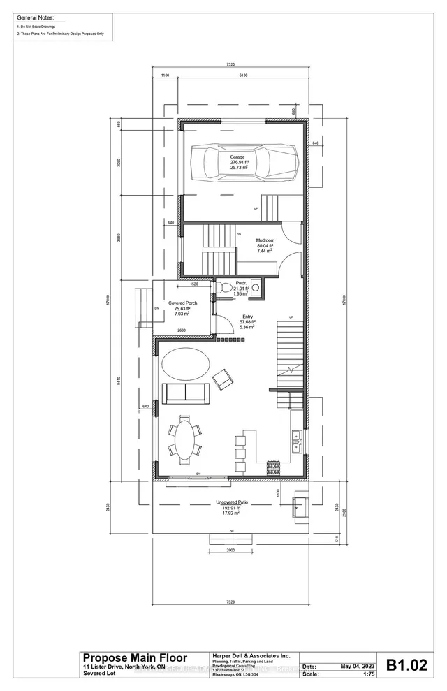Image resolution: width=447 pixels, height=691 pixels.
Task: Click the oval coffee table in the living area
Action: point(184,365)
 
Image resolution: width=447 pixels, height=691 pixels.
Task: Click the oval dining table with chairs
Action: point(184,439)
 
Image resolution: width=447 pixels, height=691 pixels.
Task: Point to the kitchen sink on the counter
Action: point(296,438)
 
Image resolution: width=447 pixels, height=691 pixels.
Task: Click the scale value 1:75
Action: point(403,675)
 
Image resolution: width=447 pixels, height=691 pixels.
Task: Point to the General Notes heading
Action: point(35,16)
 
